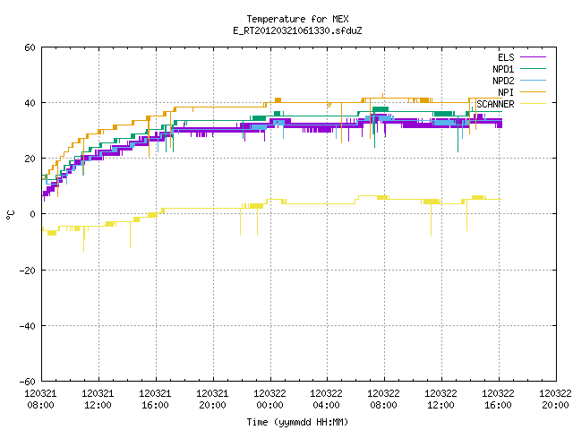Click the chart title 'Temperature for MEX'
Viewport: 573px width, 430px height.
297,19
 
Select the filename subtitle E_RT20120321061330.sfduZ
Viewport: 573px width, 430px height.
297,30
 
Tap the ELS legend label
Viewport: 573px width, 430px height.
506,57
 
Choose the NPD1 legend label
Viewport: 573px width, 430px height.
503,69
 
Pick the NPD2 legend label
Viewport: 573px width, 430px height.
503,81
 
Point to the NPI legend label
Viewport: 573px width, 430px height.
506,92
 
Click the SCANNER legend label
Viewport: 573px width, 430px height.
495,104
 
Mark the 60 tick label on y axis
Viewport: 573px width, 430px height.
30,47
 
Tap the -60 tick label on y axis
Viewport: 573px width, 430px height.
28,382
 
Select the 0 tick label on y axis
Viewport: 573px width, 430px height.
33,214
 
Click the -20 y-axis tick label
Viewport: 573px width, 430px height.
28,271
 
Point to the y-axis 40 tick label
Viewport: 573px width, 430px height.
30,103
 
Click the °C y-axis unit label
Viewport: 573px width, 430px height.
11,215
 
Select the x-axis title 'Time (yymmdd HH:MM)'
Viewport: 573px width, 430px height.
297,422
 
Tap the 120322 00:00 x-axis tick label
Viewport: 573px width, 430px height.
269,400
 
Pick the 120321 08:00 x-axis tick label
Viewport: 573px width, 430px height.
40,400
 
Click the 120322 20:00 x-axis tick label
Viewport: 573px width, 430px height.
555,400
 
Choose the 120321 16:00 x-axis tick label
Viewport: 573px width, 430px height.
155,400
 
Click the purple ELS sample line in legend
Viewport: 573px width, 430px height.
533,57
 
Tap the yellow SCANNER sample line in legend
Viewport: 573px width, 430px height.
533,104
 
